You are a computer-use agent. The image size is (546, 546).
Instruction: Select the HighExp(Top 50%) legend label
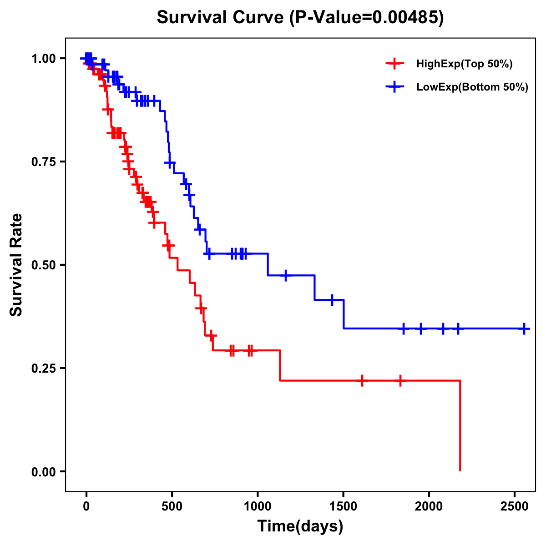464,64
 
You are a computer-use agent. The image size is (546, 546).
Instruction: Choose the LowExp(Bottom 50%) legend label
472,87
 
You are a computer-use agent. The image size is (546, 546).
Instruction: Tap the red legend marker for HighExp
394,64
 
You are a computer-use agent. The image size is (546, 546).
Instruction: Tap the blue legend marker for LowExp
394,87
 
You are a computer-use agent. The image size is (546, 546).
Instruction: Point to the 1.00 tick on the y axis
44,59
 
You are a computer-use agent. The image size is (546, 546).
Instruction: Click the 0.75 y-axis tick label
44,162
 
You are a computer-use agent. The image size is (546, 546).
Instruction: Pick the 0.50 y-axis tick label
44,265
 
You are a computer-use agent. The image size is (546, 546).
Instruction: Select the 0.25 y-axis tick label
44,368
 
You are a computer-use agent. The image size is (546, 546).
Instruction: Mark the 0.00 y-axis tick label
44,471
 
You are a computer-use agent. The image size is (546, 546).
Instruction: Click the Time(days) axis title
300,526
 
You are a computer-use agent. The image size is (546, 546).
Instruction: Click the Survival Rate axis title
16,265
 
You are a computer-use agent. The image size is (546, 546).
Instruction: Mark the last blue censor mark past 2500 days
524,329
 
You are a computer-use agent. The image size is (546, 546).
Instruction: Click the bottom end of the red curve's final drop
460,470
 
